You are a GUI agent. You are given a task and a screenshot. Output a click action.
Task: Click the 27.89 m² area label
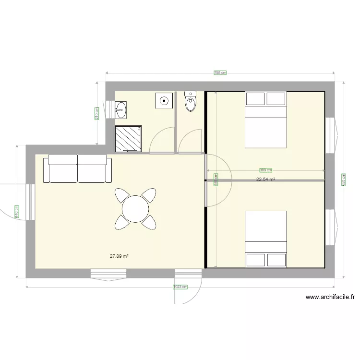pos(119,256)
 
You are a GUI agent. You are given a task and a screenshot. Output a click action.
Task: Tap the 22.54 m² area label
pos(265,180)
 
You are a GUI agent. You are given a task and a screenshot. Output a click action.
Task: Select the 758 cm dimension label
pos(220,73)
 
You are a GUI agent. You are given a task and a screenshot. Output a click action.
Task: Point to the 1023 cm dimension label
pos(180,287)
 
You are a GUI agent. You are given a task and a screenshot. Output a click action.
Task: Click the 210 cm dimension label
pos(97,113)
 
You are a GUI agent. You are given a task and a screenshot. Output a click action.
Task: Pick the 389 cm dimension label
pos(265,170)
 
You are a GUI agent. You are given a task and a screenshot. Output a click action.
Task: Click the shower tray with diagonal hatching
pos(128,138)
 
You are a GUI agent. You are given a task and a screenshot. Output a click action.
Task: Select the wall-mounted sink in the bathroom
pos(120,109)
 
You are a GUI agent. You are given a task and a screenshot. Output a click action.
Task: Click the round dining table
pos(135,209)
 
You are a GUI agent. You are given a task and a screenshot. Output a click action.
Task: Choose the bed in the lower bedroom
pos(266,239)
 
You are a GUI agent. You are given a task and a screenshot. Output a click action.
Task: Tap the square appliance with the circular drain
pos(164,101)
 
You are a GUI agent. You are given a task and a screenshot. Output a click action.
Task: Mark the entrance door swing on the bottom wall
pos(188,288)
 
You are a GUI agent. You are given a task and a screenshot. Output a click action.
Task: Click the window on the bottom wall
pos(109,274)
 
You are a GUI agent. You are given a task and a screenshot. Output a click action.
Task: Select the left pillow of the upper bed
pos(255,99)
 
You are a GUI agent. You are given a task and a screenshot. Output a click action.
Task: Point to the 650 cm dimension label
pos(343,180)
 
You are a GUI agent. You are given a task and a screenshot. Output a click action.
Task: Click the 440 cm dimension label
pos(17,212)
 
